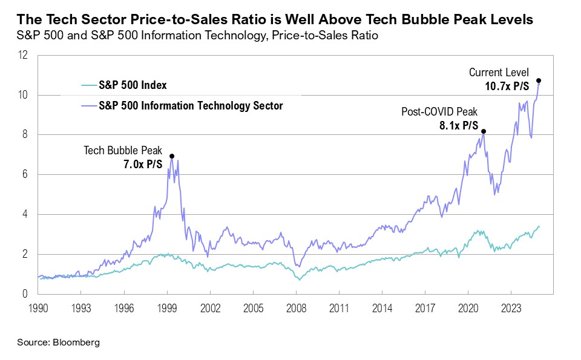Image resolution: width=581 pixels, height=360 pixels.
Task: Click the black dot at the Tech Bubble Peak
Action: pyautogui.click(x=172, y=156)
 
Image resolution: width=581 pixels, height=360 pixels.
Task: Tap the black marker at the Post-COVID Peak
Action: pyautogui.click(x=483, y=131)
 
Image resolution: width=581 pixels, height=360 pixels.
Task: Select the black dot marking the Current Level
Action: pyautogui.click(x=539, y=80)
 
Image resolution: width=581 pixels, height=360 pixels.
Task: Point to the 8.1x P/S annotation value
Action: pyautogui.click(x=458, y=126)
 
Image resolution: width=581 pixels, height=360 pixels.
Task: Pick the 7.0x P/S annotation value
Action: pyautogui.click(x=143, y=164)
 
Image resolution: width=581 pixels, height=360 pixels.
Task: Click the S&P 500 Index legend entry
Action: pyautogui.click(x=133, y=85)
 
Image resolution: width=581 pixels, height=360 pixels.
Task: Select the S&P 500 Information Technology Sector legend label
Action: pyautogui.click(x=191, y=106)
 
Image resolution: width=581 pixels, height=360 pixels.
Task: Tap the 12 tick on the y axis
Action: pyautogui.click(x=24, y=55)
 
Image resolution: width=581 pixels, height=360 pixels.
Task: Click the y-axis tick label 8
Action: pyautogui.click(x=26, y=135)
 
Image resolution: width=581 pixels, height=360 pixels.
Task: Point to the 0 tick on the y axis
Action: pyautogui.click(x=26, y=295)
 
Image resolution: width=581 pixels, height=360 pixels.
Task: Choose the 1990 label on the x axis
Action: pyautogui.click(x=38, y=307)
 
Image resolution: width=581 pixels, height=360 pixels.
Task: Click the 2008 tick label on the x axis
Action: pyautogui.click(x=295, y=307)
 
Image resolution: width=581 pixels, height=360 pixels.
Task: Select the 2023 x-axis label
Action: pyautogui.click(x=510, y=307)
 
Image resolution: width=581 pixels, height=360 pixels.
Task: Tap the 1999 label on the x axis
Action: pyautogui.click(x=166, y=307)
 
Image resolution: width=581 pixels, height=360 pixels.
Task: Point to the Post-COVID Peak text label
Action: pyautogui.click(x=440, y=112)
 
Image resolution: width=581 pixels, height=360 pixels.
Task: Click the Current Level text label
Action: pyautogui.click(x=503, y=73)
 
